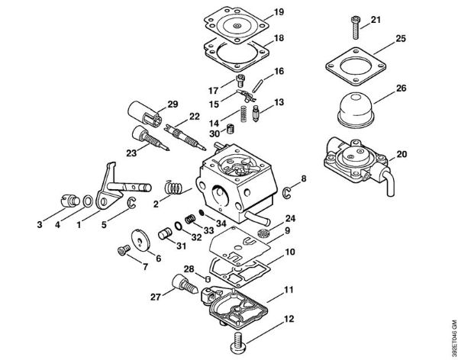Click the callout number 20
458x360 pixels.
click(402, 154)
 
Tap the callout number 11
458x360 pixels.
click(289, 291)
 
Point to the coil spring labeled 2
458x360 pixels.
click(174, 186)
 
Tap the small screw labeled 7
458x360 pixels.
click(119, 250)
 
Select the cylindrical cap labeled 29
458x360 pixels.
click(148, 115)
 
